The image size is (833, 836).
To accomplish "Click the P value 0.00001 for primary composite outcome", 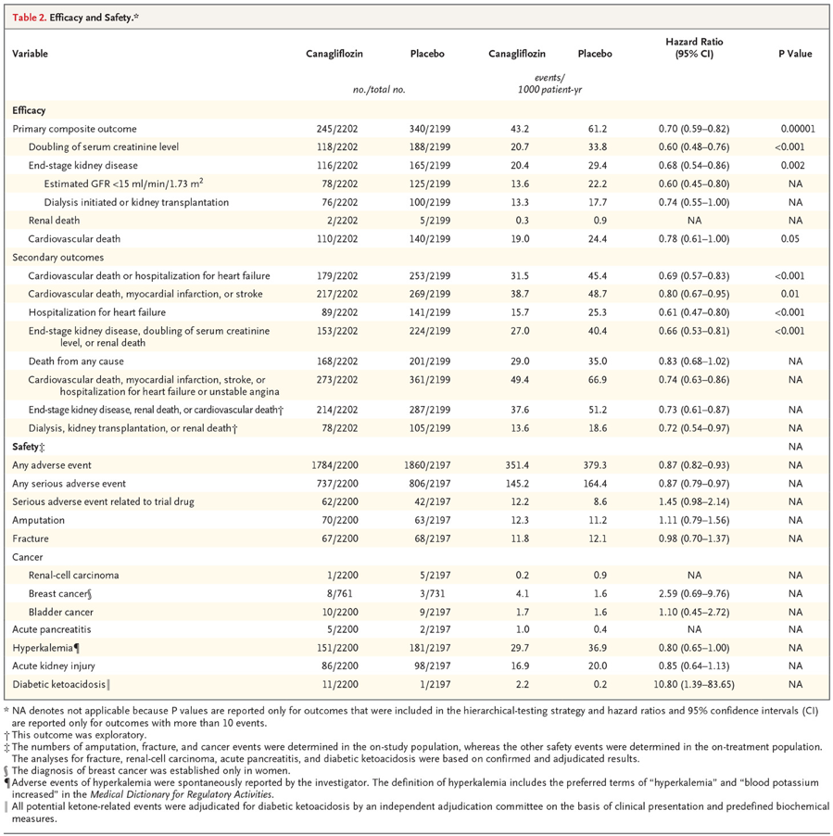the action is click(x=798, y=129).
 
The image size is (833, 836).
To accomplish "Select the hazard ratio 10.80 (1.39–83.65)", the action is click(x=694, y=684).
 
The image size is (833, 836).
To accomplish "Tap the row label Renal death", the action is click(x=54, y=221).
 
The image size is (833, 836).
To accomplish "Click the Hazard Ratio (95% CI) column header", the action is click(x=694, y=47).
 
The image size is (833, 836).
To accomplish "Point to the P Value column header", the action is click(x=795, y=54).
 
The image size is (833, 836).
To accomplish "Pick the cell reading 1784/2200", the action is click(x=334, y=465).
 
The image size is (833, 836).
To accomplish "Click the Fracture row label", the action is click(x=31, y=538).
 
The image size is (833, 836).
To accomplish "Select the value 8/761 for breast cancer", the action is click(x=340, y=593).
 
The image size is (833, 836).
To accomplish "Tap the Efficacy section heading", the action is click(x=29, y=110).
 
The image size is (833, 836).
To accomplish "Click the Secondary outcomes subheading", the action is click(x=58, y=257).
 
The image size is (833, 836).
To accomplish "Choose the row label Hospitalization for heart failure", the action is click(x=97, y=312).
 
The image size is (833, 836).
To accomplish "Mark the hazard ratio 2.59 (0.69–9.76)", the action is click(x=694, y=593).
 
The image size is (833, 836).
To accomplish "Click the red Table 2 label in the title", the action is click(x=29, y=18).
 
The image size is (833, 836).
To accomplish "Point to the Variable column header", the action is click(x=30, y=54).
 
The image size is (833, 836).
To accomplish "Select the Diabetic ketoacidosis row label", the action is click(x=59, y=684).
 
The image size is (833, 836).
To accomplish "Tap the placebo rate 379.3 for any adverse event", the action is click(x=595, y=465).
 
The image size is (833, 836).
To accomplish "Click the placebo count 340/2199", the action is click(x=430, y=129).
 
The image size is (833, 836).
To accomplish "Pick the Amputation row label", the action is click(x=38, y=520).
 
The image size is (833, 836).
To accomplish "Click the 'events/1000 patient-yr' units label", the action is click(x=549, y=83).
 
